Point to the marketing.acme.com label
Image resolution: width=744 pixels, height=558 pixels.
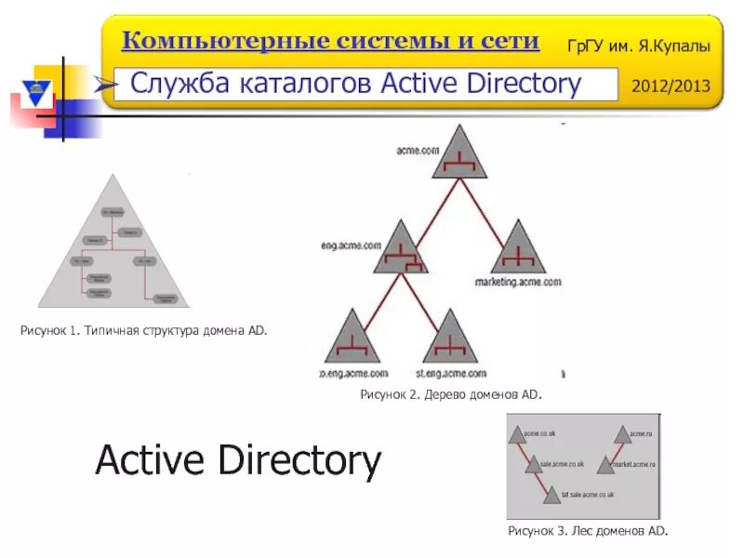coord(518,280)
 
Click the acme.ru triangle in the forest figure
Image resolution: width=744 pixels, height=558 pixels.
coord(620,434)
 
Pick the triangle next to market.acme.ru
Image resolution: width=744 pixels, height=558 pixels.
coord(605,464)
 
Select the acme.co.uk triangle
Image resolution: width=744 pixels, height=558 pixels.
coord(516,434)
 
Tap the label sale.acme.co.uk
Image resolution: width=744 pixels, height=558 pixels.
coord(563,464)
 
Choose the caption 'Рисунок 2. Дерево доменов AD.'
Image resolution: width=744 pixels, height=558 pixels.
coord(450,394)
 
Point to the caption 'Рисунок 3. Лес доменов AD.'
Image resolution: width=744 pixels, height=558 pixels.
coord(588,530)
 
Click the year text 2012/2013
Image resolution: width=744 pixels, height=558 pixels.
coord(671,86)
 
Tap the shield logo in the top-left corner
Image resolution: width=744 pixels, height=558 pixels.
coord(37,94)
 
